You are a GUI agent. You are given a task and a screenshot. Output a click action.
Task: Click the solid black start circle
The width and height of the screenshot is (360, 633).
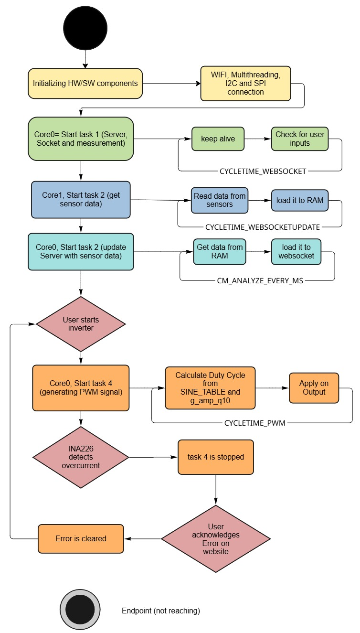(85, 28)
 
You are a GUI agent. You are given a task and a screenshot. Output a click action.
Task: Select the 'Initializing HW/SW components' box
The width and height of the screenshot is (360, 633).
(85, 83)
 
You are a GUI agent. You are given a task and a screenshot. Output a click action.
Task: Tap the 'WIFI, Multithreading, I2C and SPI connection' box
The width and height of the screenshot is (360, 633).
(245, 83)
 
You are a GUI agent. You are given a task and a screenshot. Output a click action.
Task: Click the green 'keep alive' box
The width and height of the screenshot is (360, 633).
(218, 139)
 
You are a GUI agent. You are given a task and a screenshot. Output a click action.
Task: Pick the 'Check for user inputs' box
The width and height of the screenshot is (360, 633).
(299, 139)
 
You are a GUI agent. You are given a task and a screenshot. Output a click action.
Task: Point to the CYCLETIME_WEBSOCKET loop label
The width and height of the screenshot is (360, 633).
(263, 171)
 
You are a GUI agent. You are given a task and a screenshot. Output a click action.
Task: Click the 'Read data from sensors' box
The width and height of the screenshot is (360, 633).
(219, 200)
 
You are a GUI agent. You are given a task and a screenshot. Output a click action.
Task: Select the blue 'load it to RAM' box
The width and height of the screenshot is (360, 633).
(299, 200)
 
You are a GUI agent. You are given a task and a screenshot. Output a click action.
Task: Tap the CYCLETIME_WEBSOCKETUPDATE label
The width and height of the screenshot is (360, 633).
(262, 227)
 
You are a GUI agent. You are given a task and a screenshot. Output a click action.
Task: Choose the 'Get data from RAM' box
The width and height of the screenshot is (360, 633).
(219, 251)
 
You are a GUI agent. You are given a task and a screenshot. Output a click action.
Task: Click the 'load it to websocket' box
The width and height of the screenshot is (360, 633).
(296, 251)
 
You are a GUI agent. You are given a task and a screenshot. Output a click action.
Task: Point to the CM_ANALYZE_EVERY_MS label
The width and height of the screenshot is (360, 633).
(260, 280)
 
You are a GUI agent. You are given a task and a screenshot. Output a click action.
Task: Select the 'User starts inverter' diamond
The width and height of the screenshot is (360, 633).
(81, 324)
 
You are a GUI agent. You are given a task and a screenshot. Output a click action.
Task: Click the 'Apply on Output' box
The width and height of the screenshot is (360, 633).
(314, 388)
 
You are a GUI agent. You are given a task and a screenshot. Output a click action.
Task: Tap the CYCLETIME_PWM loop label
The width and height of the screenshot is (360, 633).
(254, 423)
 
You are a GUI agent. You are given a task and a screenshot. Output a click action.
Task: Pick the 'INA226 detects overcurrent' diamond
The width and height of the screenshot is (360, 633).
(81, 457)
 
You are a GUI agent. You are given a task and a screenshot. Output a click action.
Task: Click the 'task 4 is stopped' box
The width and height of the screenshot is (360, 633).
(216, 457)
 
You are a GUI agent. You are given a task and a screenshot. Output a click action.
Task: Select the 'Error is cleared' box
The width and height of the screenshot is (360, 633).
(81, 538)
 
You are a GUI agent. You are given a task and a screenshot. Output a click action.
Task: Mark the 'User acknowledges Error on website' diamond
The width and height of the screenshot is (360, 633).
(216, 539)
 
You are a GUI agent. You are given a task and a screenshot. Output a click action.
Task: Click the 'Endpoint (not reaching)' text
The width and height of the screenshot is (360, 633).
(160, 611)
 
